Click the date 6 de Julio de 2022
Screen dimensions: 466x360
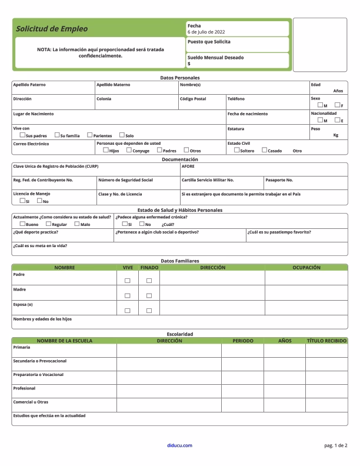[206, 32]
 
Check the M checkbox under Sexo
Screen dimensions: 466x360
[319, 105]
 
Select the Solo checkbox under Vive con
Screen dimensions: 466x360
[122, 135]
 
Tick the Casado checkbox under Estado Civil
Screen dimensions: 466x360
[264, 150]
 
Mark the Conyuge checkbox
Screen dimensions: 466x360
[129, 150]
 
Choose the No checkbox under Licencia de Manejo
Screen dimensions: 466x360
[39, 201]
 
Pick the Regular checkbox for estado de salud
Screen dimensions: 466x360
[48, 224]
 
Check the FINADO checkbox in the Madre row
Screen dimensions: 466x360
[149, 296]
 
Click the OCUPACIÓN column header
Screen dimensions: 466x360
[306, 268]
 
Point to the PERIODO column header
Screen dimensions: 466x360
[242, 341]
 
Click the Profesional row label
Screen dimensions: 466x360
[24, 388]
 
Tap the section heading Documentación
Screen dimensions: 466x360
[180, 159]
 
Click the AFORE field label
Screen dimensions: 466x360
[188, 167]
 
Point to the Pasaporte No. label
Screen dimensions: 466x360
[279, 180]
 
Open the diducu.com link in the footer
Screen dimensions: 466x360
[179, 445]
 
